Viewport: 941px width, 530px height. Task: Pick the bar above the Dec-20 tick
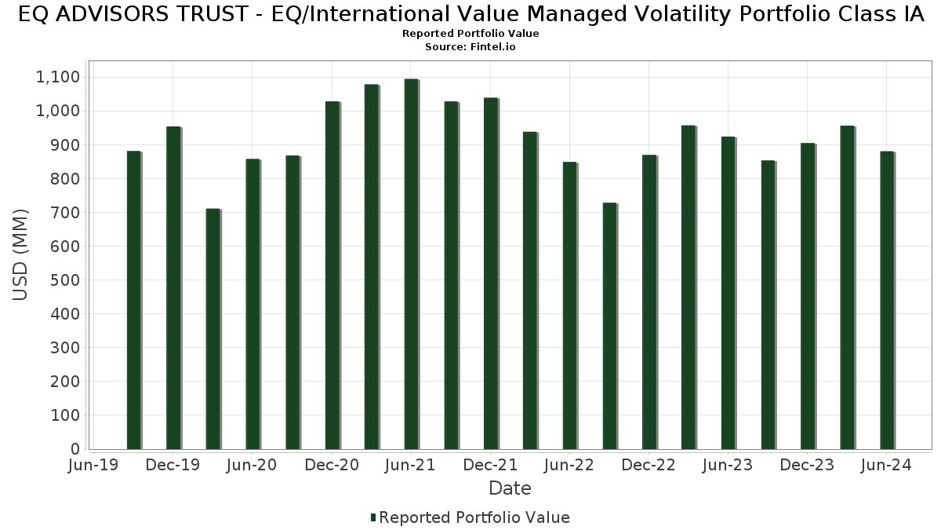coord(332,275)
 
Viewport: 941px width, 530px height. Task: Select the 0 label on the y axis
coord(75,449)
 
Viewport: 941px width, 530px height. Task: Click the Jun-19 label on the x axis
coord(93,466)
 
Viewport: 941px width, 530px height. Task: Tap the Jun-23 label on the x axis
coord(728,466)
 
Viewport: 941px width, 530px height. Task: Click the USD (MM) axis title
coord(21,254)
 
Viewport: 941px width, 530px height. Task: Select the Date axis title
coord(510,488)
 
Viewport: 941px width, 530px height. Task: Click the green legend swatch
coord(373,517)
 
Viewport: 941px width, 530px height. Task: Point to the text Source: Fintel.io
coord(470,47)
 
